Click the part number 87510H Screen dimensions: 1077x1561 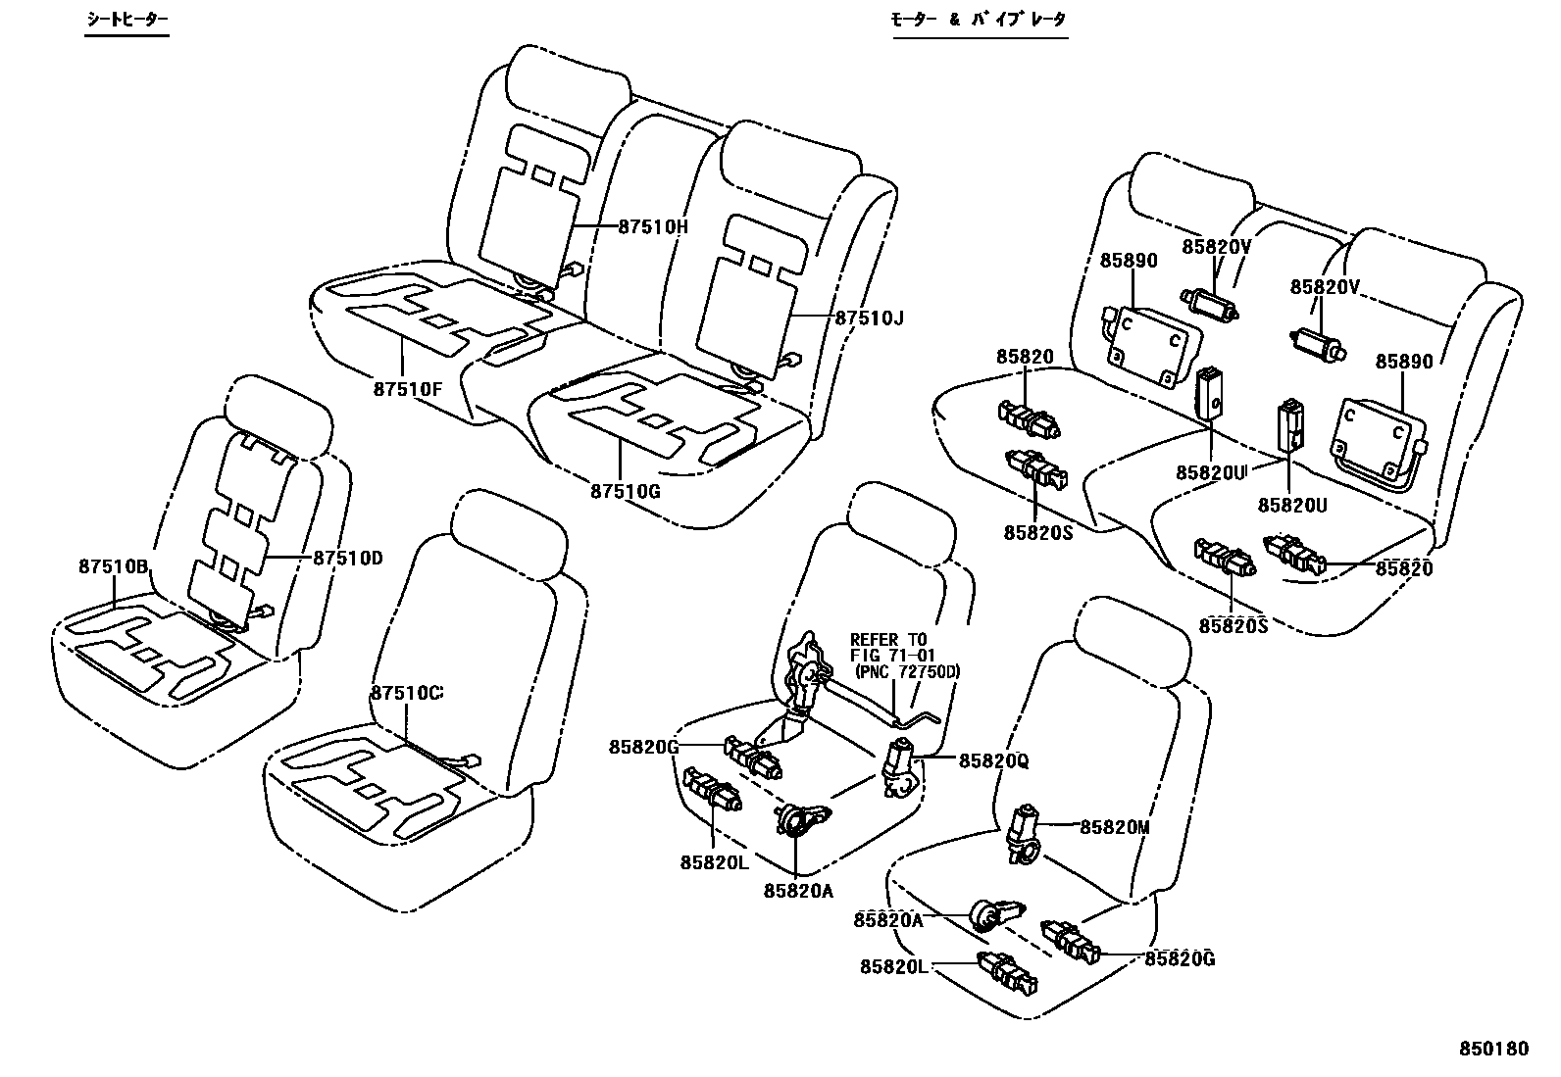tap(653, 226)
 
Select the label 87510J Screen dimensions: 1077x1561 tap(869, 318)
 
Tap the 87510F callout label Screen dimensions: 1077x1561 tap(407, 388)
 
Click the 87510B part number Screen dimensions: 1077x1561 tap(113, 566)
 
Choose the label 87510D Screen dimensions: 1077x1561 tap(347, 559)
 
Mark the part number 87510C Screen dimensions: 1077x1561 tap(406, 692)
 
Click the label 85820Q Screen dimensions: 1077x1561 tap(993, 760)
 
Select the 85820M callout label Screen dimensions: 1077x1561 tap(1114, 827)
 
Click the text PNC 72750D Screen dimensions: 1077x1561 tap(906, 672)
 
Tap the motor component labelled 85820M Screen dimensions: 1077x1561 tap(1026, 833)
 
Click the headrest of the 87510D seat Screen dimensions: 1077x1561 tap(277, 410)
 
